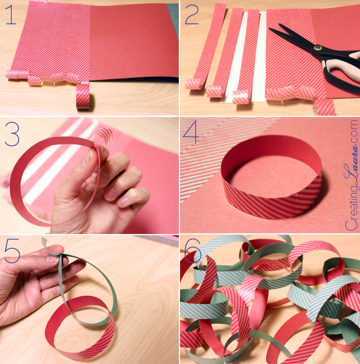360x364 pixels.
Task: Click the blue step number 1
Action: click(x=11, y=15)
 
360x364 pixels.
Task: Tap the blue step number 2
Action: click(x=192, y=15)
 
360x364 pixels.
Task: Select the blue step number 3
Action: click(x=12, y=134)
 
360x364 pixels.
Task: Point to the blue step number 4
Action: click(x=191, y=133)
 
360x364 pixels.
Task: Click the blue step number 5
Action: click(x=12, y=251)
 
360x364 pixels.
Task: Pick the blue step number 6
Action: click(x=192, y=251)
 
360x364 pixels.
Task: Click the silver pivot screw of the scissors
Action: click(x=317, y=48)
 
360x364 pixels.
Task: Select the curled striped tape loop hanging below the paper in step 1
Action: click(x=84, y=96)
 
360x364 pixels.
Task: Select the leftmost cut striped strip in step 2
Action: click(x=204, y=47)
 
